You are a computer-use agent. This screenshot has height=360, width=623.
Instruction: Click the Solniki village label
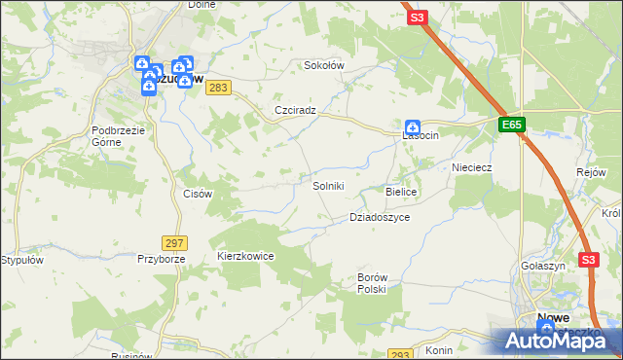point(328,186)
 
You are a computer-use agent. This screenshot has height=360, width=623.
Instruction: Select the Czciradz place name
point(296,110)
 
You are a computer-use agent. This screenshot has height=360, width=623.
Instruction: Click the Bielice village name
point(401,193)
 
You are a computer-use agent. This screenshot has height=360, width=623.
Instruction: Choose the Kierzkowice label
point(245,256)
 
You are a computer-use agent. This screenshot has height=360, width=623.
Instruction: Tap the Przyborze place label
point(161,259)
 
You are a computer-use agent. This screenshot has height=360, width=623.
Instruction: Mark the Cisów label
point(198,194)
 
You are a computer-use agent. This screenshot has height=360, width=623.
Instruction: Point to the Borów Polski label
point(372,283)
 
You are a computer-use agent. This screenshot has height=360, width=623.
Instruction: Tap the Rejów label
point(591,171)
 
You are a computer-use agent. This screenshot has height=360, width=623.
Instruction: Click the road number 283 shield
point(219,88)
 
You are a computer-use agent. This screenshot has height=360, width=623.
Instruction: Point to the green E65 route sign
point(513,125)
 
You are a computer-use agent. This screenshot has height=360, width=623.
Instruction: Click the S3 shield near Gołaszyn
point(588,260)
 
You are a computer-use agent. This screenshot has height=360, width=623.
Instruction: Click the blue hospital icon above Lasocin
point(413,126)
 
